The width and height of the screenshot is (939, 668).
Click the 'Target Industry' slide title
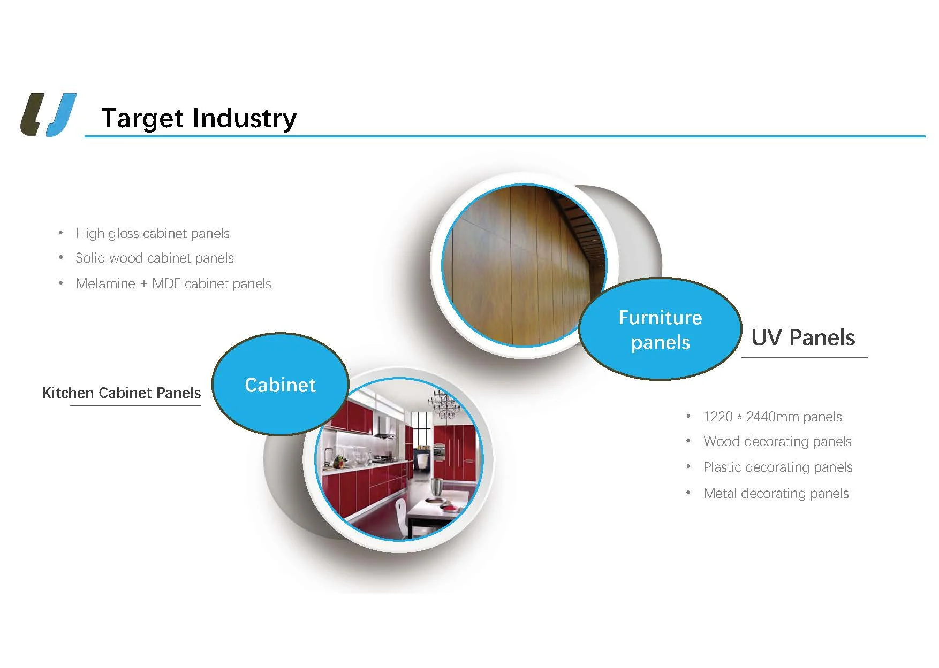(199, 118)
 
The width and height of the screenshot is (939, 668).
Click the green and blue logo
(49, 114)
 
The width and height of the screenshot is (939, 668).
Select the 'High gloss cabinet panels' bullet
(153, 233)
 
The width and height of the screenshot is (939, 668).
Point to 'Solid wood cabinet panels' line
(155, 258)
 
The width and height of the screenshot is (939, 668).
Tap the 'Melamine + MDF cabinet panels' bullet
(173, 283)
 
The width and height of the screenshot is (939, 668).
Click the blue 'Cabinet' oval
(280, 384)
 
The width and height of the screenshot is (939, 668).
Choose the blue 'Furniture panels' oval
(660, 329)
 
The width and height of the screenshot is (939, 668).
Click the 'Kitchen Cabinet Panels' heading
(122, 393)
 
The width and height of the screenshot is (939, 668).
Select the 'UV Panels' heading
(803, 337)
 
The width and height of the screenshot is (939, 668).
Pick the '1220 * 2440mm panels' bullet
(773, 417)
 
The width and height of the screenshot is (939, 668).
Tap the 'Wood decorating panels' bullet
(777, 441)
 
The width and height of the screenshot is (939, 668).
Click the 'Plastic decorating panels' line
(778, 467)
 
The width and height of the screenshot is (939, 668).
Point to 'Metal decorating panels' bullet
(776, 493)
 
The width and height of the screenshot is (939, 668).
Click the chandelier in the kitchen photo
(444, 405)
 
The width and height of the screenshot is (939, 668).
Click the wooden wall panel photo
(524, 265)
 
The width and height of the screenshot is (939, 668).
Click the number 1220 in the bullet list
(718, 417)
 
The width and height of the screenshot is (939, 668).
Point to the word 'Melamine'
(105, 283)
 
